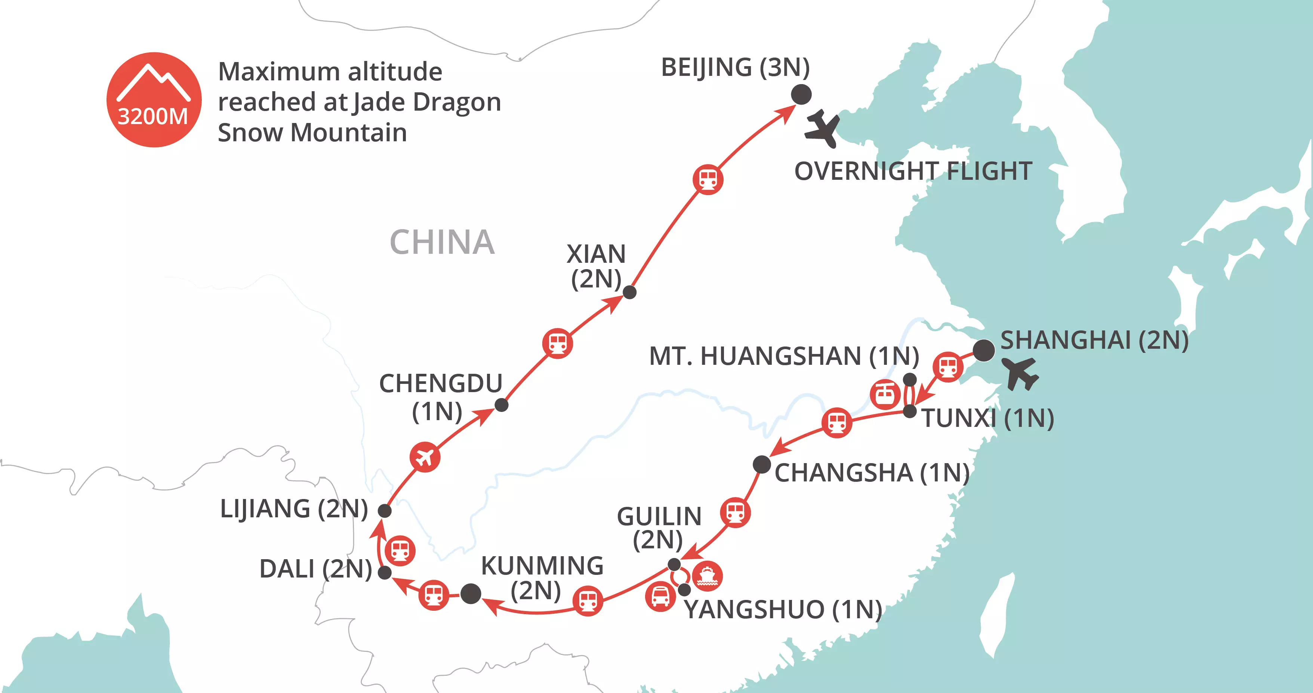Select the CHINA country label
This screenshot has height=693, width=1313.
(x=442, y=242)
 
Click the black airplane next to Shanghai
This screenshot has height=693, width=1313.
(x=1019, y=373)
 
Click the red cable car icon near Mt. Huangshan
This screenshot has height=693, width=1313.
(x=884, y=394)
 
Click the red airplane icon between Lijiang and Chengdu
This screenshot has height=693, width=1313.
(x=425, y=456)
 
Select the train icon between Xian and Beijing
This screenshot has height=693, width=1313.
(x=708, y=179)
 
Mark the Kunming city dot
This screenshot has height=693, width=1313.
(x=471, y=594)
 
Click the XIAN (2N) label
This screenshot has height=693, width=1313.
(x=596, y=266)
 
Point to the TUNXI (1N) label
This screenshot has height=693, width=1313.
(x=987, y=418)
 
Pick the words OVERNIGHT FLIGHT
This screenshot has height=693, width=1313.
(x=913, y=171)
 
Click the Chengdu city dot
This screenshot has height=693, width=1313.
(x=502, y=405)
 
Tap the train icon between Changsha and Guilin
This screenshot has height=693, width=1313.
(x=735, y=512)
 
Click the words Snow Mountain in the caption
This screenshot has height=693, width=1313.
(x=312, y=133)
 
